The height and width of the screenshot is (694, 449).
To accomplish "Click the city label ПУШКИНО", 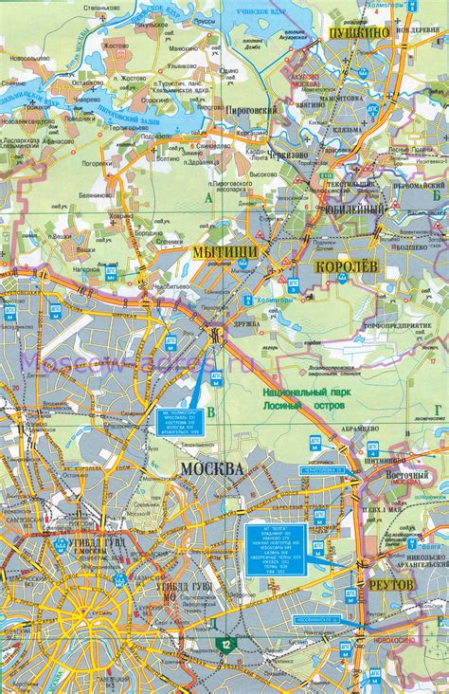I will coord(359,32).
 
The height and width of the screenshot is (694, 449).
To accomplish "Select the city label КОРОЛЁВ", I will coord(347,269).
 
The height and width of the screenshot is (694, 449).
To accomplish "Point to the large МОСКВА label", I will coord(211,469).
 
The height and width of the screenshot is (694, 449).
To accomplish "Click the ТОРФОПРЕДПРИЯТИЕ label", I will coord(399,326).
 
